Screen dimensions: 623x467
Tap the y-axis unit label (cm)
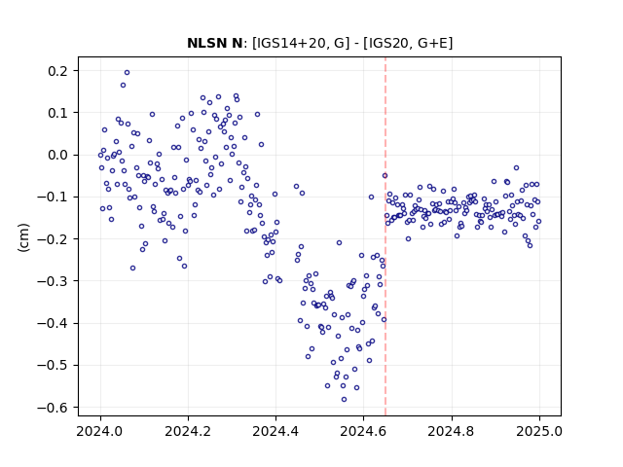[23, 237]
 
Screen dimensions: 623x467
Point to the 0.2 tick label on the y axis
[58, 71]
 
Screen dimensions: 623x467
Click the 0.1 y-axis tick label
[58, 113]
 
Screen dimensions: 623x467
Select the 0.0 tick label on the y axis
[58, 155]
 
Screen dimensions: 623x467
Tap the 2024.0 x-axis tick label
[100, 431]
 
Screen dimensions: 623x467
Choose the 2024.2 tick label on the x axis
[188, 431]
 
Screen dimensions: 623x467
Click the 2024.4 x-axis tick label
[275, 431]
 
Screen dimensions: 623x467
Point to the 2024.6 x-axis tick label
[363, 431]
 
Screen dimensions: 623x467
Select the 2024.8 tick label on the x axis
[452, 431]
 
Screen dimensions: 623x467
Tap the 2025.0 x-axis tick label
[539, 431]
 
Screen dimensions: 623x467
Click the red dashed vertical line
[385, 236]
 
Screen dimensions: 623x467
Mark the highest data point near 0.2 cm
[128, 73]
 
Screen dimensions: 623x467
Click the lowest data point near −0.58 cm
[344, 400]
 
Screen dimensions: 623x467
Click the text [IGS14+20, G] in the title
[301, 43]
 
